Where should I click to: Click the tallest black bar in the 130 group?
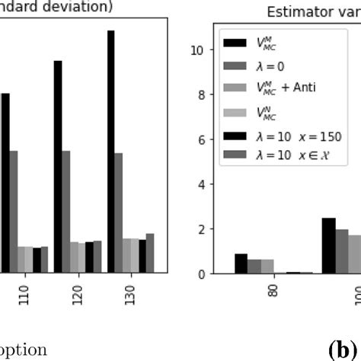pos(110,152)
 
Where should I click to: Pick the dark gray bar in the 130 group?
pos(118,212)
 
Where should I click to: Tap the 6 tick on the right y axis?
pos(199,139)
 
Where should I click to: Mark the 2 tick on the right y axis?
pos(199,229)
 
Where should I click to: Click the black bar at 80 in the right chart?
pos(241,264)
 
